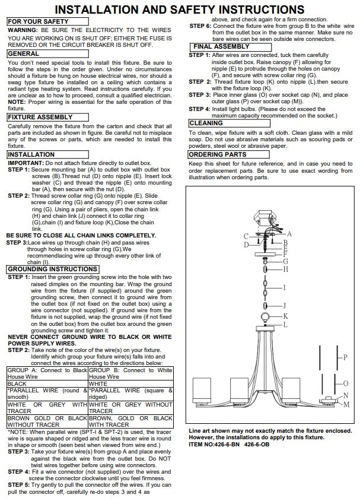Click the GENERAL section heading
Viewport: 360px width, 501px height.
coord(23,53)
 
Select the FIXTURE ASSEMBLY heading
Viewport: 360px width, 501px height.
coord(40,118)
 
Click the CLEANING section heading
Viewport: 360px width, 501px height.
coord(206,123)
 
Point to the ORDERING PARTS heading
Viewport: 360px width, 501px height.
coord(217,154)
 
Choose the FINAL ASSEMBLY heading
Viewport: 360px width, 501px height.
coord(221,46)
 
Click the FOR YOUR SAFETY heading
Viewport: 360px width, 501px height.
coord(37,21)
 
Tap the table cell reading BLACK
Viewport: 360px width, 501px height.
coord(17,384)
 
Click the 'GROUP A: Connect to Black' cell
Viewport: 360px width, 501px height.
coord(47,370)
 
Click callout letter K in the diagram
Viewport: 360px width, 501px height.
coord(285,316)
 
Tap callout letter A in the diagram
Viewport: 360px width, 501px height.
coord(289,234)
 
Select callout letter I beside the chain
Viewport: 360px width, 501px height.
coord(285,288)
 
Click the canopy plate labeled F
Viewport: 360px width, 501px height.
coord(266,254)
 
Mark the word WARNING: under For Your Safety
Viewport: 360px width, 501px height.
coord(23,30)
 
